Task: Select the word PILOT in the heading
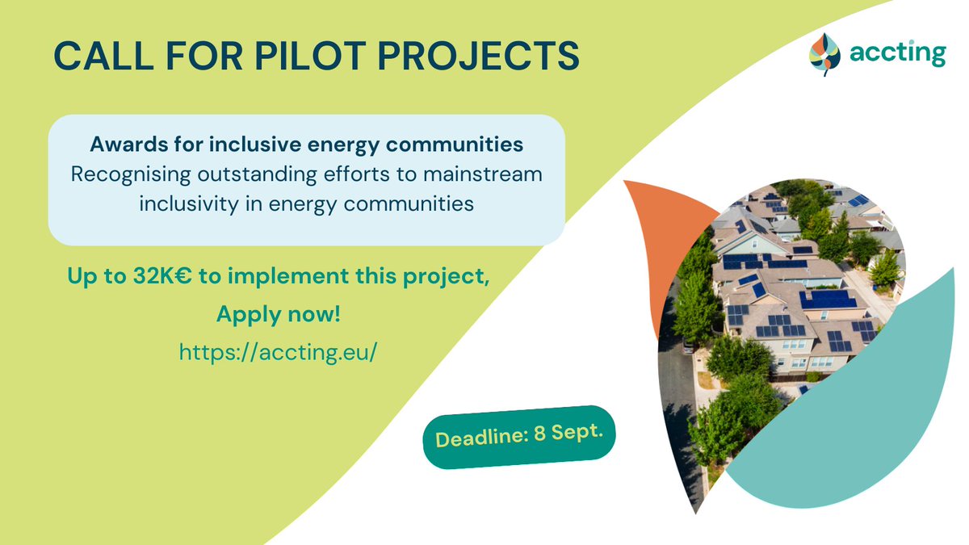(x=294, y=55)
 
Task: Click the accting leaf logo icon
(x=824, y=53)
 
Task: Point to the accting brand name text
(x=896, y=53)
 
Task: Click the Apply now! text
(x=279, y=314)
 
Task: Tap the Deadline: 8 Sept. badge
(x=519, y=437)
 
